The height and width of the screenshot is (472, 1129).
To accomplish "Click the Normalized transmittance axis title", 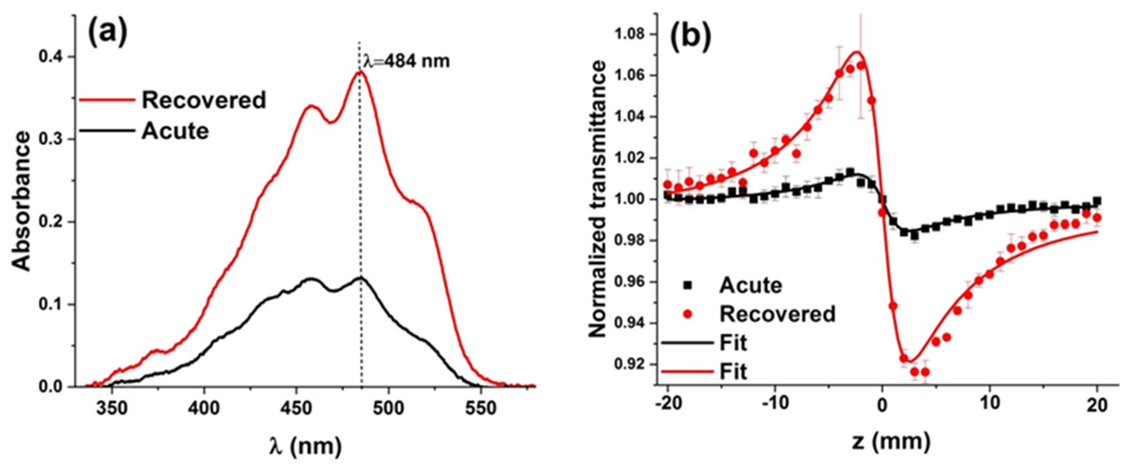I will point(597,200).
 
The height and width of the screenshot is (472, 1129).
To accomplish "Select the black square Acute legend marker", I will point(688,286).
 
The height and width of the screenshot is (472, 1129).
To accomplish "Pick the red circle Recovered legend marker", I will point(688,314).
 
